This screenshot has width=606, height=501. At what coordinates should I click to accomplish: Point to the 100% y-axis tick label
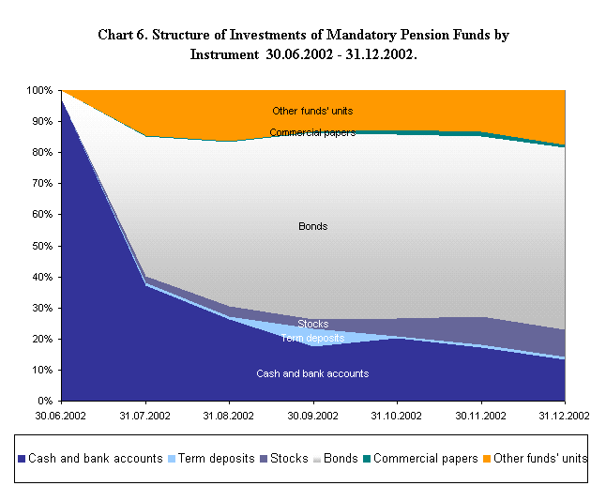coord(40,90)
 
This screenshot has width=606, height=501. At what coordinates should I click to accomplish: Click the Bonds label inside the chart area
coord(312,226)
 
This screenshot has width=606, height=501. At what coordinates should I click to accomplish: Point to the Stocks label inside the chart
coord(312,324)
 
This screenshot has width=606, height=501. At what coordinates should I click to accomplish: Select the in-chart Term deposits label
coord(312,338)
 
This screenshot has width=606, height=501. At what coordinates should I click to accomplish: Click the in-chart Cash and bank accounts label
coord(312,373)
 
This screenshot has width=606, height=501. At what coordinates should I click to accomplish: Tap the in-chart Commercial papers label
coord(312,133)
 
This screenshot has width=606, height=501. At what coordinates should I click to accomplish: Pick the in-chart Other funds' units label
coord(312,111)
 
